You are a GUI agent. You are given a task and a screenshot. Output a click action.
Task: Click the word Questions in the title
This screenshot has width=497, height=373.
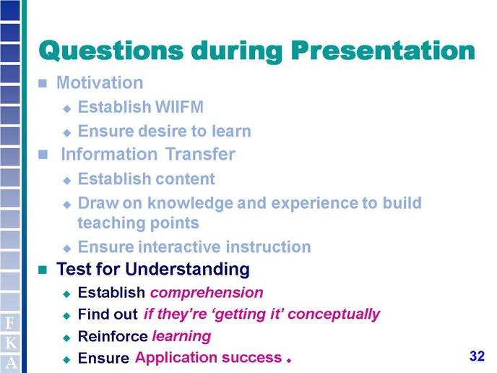tap(111, 51)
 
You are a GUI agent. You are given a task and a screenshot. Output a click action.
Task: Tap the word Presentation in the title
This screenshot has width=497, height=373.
tap(383, 50)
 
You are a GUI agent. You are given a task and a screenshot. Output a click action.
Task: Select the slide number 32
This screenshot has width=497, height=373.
tap(477, 356)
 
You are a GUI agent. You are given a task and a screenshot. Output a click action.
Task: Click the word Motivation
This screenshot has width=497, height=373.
tap(100, 82)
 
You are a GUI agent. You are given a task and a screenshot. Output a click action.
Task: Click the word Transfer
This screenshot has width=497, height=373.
tap(200, 154)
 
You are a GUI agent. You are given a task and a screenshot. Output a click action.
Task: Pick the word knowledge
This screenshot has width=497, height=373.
tap(190, 203)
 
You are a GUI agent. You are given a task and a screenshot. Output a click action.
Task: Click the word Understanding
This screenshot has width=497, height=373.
tap(187, 270)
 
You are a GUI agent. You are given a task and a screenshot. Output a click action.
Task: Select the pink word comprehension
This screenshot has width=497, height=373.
tap(207, 293)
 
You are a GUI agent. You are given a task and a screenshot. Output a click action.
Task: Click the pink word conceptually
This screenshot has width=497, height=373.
tap(334, 314)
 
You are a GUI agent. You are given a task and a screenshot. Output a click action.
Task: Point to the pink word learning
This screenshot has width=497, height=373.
tap(181, 336)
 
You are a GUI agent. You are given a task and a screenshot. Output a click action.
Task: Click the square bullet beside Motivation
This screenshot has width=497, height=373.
tap(43, 83)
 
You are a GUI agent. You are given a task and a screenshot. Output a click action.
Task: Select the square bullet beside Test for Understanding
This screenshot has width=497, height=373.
tap(43, 270)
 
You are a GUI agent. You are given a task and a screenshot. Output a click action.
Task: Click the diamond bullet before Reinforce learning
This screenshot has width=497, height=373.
tap(66, 338)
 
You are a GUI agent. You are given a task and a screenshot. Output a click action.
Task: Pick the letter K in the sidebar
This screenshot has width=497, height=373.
tap(11, 343)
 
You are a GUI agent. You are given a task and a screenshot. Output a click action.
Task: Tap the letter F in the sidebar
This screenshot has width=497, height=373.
tap(10, 323)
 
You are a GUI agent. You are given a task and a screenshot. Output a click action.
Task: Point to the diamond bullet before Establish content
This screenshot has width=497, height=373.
tap(67, 181)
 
